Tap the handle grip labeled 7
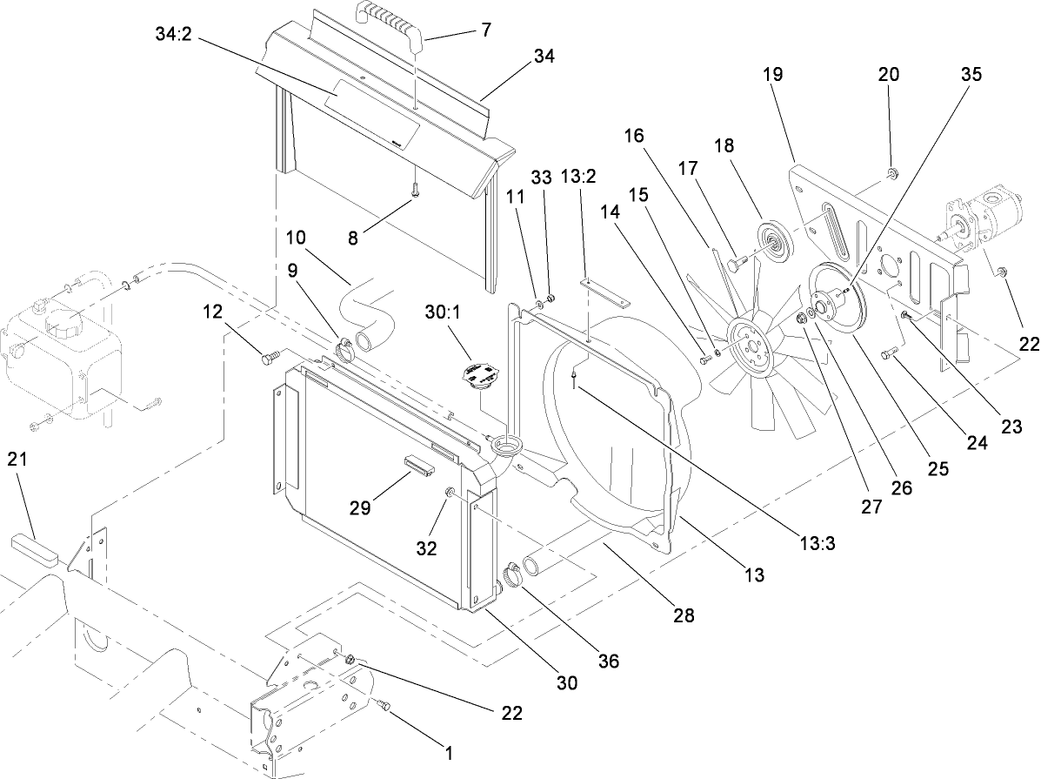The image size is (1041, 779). point(391,22)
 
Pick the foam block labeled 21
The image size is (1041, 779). point(34,553)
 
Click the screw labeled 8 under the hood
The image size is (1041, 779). point(417,189)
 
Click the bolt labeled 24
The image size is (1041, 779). point(889,353)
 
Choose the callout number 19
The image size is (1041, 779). point(773,74)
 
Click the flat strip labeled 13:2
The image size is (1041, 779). point(608,291)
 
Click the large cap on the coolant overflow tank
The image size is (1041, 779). point(63,329)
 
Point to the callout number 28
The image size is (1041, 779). point(684,615)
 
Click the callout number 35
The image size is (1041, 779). point(971,74)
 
